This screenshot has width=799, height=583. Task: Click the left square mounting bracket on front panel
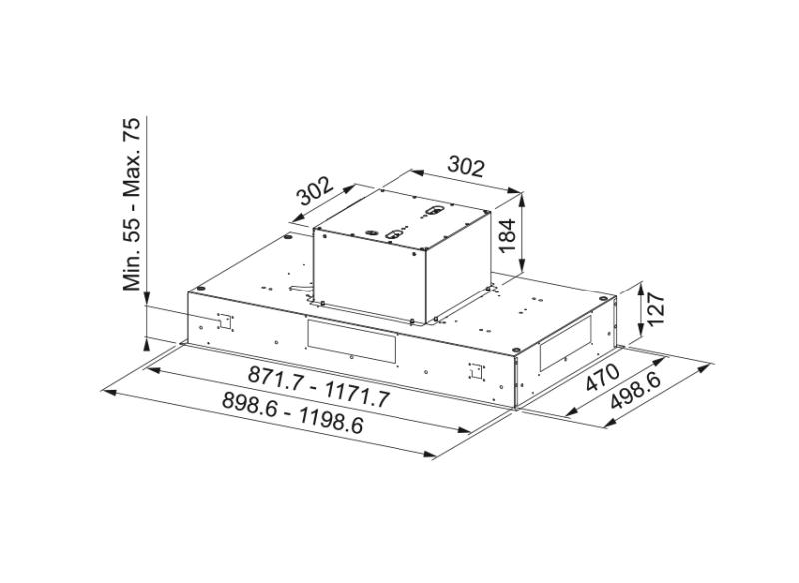[x=223, y=321]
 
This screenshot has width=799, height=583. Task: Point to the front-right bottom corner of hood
[x=513, y=407]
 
